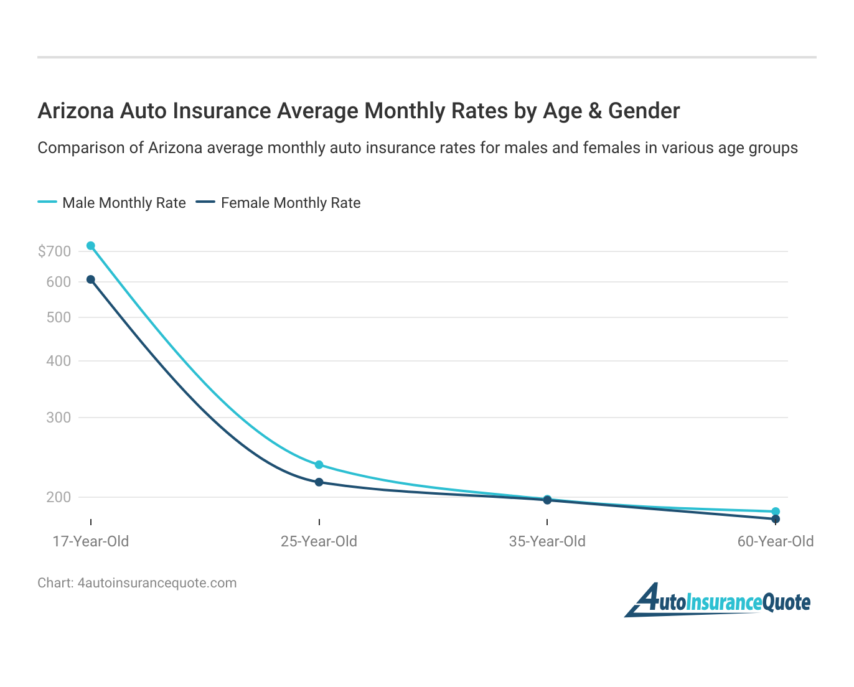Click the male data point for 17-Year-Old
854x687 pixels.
click(91, 246)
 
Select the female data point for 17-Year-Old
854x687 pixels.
click(91, 279)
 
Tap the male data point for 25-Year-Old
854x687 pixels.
click(319, 465)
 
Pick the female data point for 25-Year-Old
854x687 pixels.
click(319, 482)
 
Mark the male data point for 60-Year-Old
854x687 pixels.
click(776, 512)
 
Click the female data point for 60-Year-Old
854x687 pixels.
click(776, 519)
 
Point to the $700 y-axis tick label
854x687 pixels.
click(54, 251)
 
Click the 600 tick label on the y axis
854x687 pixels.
click(59, 282)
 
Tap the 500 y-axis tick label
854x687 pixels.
click(59, 317)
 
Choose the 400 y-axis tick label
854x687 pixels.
click(59, 361)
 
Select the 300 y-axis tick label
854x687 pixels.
click(59, 418)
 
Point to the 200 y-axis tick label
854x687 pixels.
click(59, 497)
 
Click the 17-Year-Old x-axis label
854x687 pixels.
click(91, 541)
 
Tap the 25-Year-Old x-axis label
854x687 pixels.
click(319, 541)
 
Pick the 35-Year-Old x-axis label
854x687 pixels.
click(547, 541)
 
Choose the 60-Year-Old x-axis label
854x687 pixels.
click(776, 541)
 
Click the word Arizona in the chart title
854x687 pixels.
click(76, 111)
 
